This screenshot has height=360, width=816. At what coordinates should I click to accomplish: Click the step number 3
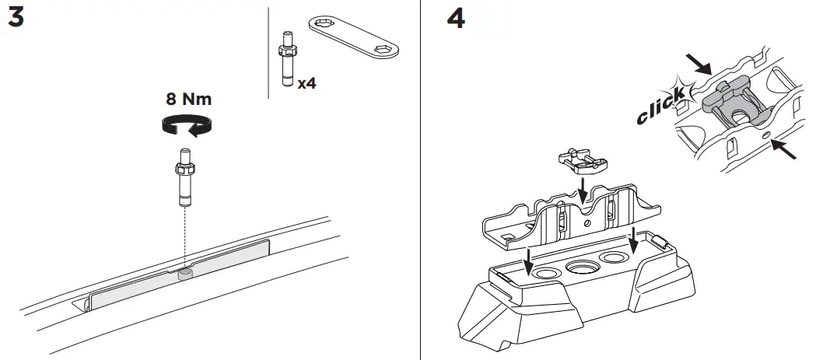tap(15, 19)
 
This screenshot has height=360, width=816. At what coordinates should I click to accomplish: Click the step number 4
tap(456, 19)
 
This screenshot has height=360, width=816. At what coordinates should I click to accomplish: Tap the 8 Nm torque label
tap(188, 100)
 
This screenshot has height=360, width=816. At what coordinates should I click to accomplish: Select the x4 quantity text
tap(307, 82)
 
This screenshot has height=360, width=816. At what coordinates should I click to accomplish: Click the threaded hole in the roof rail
tap(185, 273)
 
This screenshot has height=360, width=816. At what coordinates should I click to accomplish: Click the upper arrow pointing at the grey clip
tap(699, 64)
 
